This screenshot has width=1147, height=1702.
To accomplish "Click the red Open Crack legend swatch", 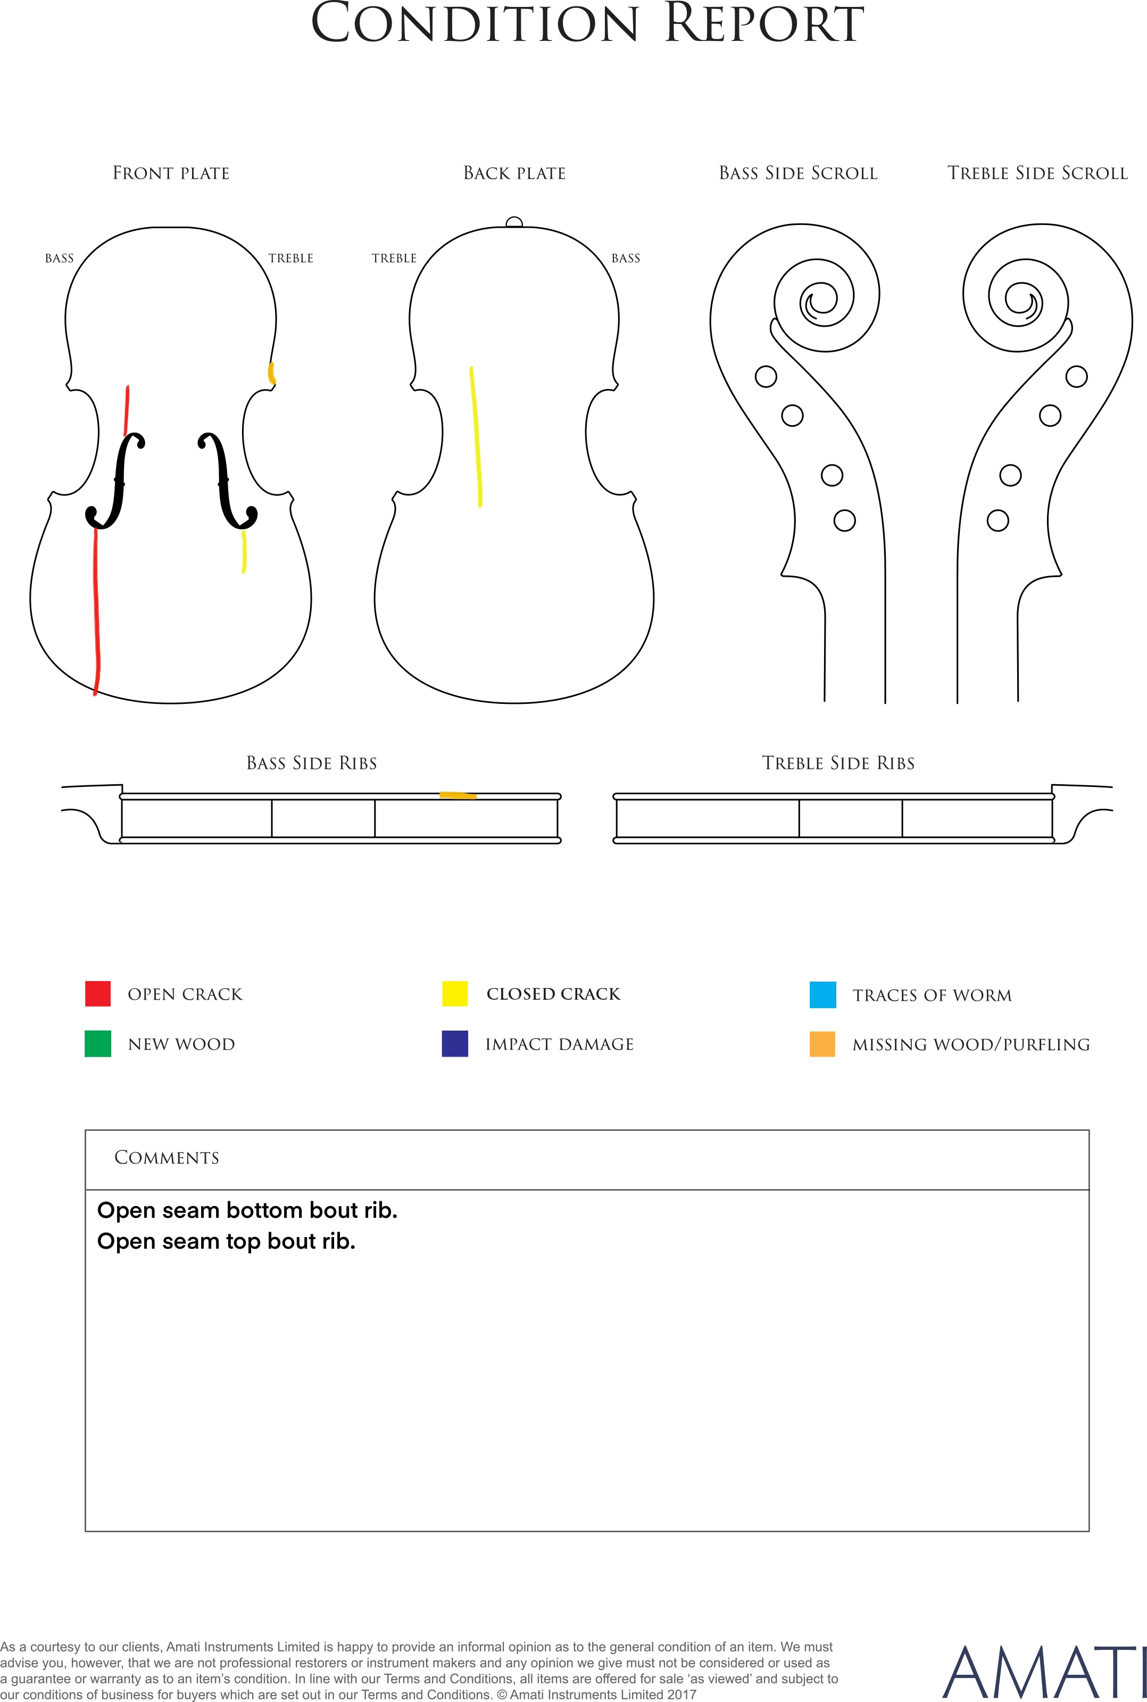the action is pyautogui.click(x=98, y=993).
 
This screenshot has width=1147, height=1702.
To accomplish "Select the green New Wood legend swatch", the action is pyautogui.click(x=98, y=1044).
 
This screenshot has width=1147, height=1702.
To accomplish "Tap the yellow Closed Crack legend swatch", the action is pyautogui.click(x=455, y=993).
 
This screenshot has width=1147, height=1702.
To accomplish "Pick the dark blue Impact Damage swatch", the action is pyautogui.click(x=455, y=1044).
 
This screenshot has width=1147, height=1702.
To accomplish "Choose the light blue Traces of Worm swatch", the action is pyautogui.click(x=823, y=995).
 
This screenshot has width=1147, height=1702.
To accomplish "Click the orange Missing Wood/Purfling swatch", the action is pyautogui.click(x=823, y=1044).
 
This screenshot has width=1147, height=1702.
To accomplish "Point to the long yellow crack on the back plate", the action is pyautogui.click(x=476, y=437).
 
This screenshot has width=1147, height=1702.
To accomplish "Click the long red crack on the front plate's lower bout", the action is pyautogui.click(x=96, y=611).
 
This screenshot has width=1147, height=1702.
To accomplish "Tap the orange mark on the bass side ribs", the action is pyautogui.click(x=458, y=795).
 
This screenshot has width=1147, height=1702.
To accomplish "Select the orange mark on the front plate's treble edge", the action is pyautogui.click(x=271, y=373).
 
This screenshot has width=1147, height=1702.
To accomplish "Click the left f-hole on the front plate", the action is pyautogui.click(x=115, y=480).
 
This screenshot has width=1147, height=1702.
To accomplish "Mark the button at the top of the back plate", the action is pyautogui.click(x=514, y=222).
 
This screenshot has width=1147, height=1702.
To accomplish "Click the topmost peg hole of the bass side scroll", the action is pyautogui.click(x=766, y=377).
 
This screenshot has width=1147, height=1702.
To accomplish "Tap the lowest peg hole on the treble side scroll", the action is pyautogui.click(x=998, y=521).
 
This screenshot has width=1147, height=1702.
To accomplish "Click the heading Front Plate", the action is pyautogui.click(x=171, y=173).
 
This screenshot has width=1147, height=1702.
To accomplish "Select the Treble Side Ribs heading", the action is pyautogui.click(x=838, y=763).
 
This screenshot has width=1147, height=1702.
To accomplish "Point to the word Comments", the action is pyautogui.click(x=167, y=1157).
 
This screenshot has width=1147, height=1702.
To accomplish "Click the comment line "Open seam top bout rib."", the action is pyautogui.click(x=226, y=1241).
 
